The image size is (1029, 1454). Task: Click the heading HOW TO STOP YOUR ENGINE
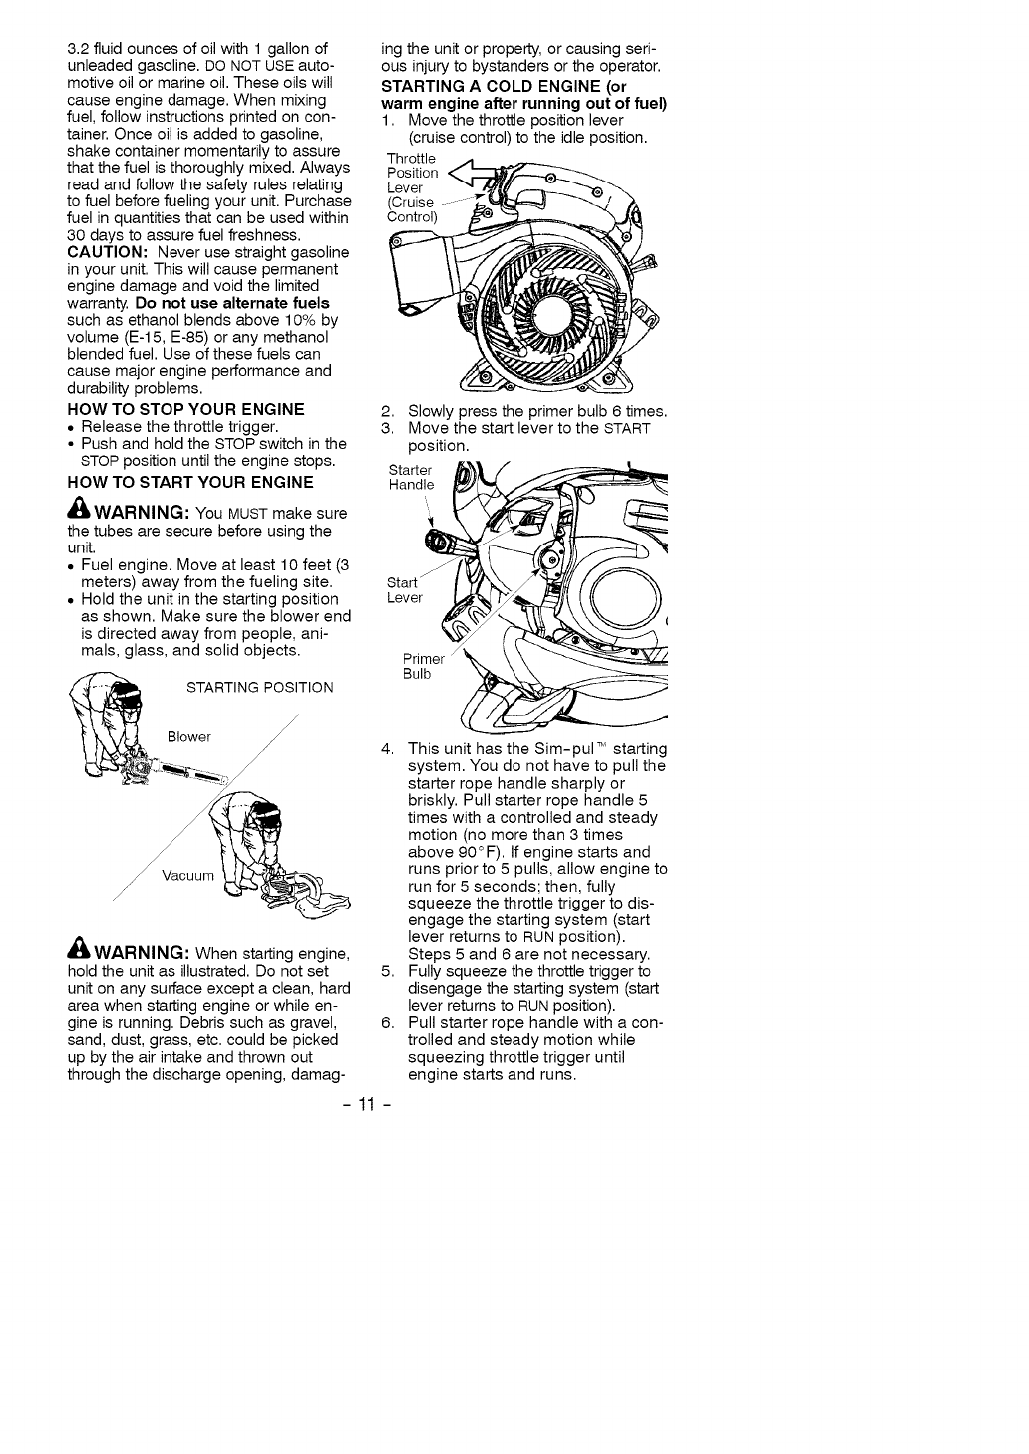[185, 409]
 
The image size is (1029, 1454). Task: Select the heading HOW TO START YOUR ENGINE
[190, 482]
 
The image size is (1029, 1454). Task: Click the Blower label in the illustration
[189, 737]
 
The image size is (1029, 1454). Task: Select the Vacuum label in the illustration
[187, 877]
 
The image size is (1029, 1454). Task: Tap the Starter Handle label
[411, 478]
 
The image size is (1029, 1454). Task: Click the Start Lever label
[405, 590]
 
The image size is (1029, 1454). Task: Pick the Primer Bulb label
[417, 666]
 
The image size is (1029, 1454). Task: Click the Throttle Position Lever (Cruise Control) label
[412, 187]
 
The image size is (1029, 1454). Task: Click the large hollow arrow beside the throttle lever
[474, 179]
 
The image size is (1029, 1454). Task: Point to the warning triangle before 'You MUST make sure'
[77, 512]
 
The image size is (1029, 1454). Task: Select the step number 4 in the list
[388, 749]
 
